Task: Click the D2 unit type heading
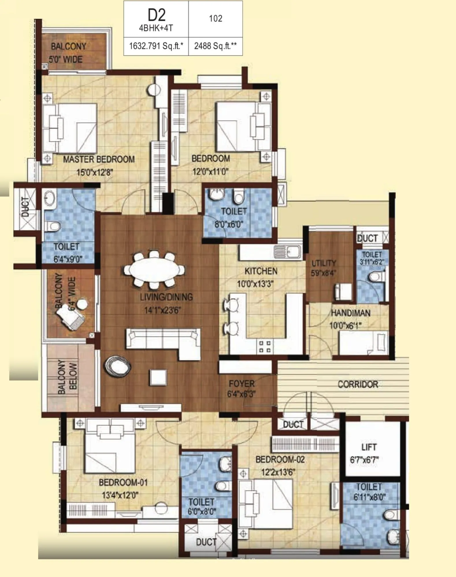click(156, 15)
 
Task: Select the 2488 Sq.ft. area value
click(215, 46)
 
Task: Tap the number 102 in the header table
click(215, 19)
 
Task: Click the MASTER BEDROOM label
click(99, 159)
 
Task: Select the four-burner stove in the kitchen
click(264, 347)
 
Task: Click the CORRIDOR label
click(358, 384)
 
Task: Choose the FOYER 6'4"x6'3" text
click(242, 389)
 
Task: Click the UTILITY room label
click(324, 263)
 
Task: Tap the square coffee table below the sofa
click(158, 377)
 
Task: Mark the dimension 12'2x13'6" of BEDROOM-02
click(278, 472)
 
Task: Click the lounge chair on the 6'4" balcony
click(71, 317)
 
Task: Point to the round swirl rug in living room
click(118, 366)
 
